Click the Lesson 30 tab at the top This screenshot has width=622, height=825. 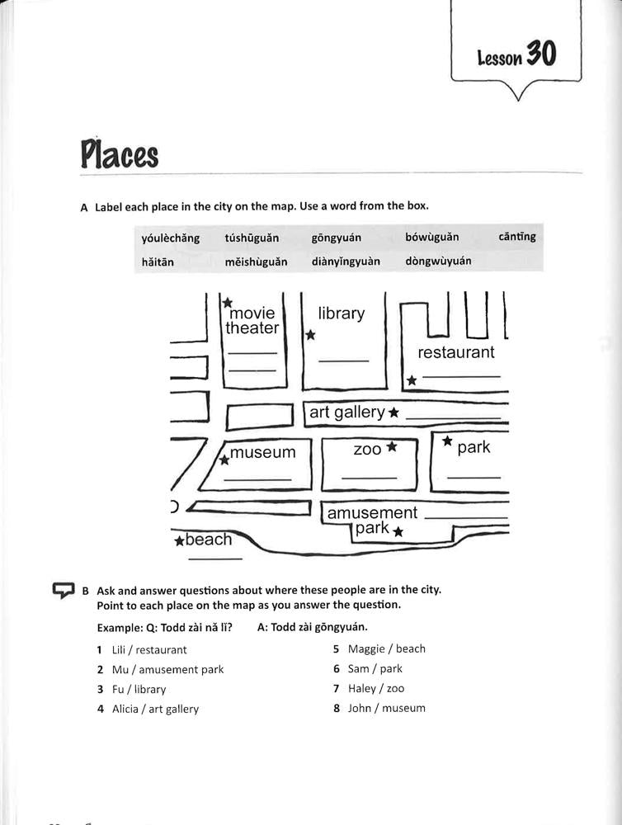[x=516, y=55]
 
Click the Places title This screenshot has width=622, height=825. [x=120, y=154]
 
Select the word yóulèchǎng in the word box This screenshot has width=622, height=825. [x=171, y=238]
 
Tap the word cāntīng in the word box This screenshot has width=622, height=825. [x=517, y=237]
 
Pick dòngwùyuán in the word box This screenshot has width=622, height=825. [x=438, y=262]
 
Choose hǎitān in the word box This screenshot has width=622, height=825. [x=158, y=262]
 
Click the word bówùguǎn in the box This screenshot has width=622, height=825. [x=431, y=238]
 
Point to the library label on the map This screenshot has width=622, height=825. [x=341, y=313]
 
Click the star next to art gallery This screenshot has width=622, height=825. [x=394, y=412]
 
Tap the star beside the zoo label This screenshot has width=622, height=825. [x=392, y=446]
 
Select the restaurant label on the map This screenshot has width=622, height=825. [x=456, y=352]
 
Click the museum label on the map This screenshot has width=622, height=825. [x=262, y=452]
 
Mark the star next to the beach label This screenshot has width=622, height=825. [x=179, y=541]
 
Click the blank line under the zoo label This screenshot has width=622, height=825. [x=369, y=478]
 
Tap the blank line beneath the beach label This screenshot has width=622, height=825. [x=214, y=560]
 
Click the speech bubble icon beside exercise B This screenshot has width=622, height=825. [x=64, y=591]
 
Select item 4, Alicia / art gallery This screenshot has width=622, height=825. [x=155, y=709]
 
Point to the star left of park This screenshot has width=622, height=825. [x=447, y=441]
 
